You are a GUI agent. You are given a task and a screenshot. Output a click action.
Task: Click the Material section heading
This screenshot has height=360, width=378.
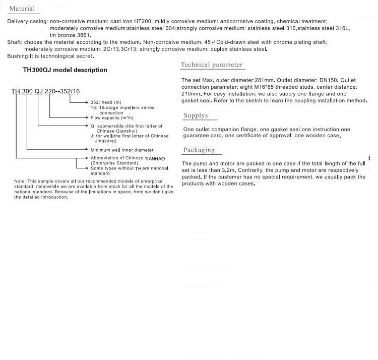22,9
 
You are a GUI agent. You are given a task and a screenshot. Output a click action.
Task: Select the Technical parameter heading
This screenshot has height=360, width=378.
212,65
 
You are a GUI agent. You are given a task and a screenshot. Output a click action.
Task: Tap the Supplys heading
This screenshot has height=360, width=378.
196,115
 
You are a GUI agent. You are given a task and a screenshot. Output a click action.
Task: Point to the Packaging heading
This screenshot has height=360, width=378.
199,150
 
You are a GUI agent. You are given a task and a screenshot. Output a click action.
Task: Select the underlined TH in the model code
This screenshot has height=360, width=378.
15,91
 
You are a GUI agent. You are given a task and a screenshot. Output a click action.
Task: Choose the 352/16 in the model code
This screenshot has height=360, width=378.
71,91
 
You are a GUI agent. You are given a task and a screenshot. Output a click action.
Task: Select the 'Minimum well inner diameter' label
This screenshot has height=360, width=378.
122,150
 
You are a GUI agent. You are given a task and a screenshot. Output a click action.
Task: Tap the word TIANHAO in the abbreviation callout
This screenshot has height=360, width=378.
155,158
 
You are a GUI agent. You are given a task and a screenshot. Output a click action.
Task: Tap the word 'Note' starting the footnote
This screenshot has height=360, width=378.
20,181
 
